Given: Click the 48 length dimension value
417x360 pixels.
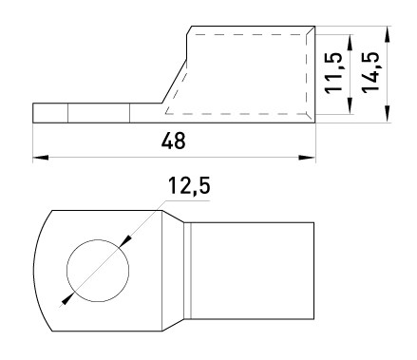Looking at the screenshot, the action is click(x=173, y=141).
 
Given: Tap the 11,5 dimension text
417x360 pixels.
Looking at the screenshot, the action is click(x=333, y=72).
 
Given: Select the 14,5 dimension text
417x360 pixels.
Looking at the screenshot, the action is click(x=370, y=72).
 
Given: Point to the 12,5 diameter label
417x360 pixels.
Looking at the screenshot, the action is click(x=189, y=185).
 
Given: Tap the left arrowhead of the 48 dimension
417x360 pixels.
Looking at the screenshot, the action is click(x=41, y=158).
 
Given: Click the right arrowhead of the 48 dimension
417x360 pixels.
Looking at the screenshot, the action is click(x=307, y=158).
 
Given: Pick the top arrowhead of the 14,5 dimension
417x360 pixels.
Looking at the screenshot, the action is click(x=387, y=34).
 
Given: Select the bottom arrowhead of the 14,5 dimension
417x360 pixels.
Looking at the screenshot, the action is click(x=387, y=115).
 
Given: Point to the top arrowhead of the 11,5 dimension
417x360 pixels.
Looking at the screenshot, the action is click(x=350, y=42).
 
